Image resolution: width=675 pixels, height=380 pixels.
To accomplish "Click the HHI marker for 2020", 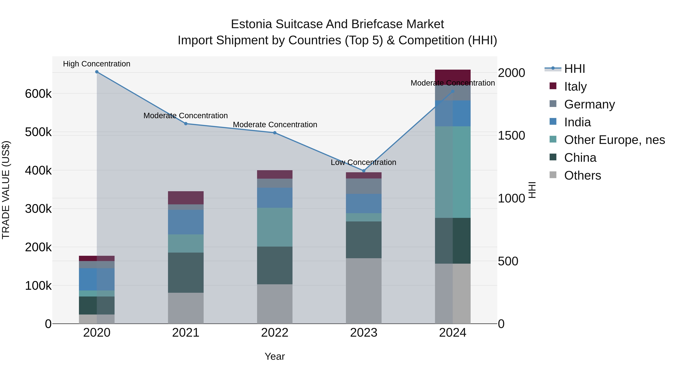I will (x=97, y=72).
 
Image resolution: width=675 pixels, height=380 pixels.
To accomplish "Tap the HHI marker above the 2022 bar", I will (x=275, y=133).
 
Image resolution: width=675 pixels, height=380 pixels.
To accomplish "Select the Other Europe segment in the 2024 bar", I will (x=453, y=172).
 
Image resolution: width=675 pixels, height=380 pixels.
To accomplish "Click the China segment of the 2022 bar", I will (x=275, y=265).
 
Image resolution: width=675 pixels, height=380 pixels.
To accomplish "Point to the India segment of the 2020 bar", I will (x=97, y=279).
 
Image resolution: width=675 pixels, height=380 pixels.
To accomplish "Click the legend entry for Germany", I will (x=589, y=104).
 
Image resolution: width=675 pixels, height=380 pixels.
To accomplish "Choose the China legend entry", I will (x=580, y=158).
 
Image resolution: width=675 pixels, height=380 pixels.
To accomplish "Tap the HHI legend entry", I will (x=574, y=69).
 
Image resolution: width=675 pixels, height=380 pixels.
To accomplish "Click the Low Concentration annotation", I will (x=363, y=162).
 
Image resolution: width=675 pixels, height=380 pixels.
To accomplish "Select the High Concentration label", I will (x=97, y=64).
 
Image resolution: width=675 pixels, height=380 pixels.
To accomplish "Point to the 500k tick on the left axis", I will (x=38, y=132).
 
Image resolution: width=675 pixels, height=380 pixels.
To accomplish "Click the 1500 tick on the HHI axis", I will (x=511, y=136).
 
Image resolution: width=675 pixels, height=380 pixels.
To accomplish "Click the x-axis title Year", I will (x=275, y=356).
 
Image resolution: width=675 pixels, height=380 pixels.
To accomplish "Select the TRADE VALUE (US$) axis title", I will (x=6, y=190).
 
